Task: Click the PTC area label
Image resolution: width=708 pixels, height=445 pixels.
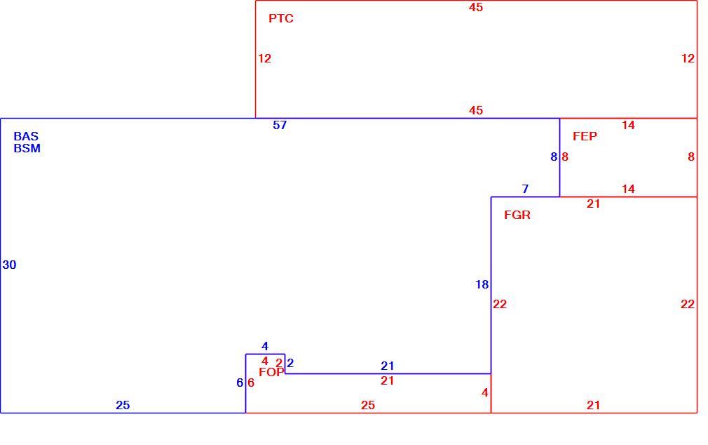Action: coord(281,18)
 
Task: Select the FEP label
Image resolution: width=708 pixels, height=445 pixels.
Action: coord(585,136)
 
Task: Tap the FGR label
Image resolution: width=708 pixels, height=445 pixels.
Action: coord(517,215)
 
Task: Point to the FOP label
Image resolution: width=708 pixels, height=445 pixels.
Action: coord(271,372)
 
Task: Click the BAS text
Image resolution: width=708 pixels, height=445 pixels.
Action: coord(26,136)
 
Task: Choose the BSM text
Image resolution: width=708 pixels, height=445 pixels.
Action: coord(27,148)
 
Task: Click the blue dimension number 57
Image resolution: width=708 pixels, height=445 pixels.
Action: coord(280,125)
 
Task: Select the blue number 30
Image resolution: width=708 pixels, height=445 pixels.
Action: coord(10,265)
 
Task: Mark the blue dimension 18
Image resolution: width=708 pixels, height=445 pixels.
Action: coord(482,284)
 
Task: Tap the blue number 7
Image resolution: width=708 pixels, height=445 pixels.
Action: coord(525,189)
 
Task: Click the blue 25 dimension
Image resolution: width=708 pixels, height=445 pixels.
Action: coord(123,405)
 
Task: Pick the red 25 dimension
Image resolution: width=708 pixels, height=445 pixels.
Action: coord(368,405)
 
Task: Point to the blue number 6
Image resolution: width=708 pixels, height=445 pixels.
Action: coord(240,383)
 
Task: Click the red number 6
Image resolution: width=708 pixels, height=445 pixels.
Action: coord(251,383)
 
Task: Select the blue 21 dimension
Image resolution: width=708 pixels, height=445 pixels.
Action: coord(388,366)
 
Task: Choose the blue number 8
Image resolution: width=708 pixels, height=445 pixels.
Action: coord(554,157)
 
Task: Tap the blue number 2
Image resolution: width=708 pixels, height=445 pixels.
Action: coord(290,363)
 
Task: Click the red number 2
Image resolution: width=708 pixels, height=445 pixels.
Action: coord(279,363)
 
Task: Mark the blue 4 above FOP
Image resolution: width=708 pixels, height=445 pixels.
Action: coord(265,347)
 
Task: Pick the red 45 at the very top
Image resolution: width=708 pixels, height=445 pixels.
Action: coord(476,7)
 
